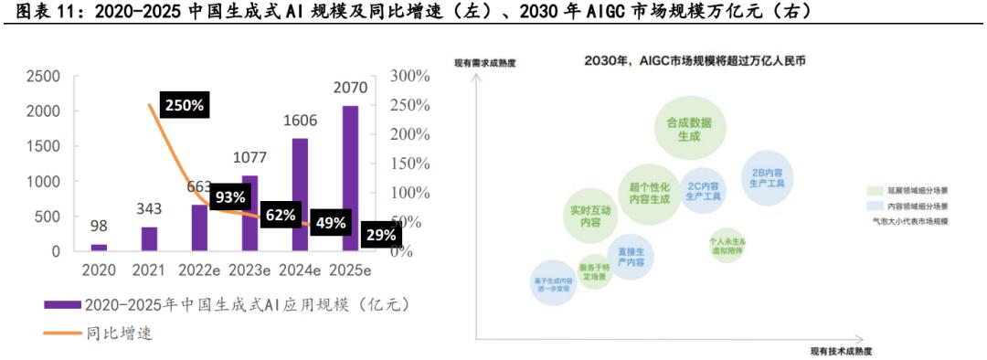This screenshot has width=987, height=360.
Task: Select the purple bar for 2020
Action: click(99, 247)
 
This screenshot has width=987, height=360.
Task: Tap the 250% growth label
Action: click(184, 105)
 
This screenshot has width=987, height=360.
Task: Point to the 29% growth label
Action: click(380, 235)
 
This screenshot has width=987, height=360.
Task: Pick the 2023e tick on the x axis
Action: click(250, 270)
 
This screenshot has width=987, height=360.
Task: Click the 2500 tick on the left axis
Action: click(44, 77)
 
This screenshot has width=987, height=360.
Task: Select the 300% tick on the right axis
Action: click(409, 77)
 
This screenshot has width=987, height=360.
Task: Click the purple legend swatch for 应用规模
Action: click(61, 304)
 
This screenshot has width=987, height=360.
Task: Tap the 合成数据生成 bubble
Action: click(688, 129)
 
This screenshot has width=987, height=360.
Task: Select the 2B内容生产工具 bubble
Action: click(767, 176)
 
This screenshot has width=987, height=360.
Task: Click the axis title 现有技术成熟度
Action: click(841, 352)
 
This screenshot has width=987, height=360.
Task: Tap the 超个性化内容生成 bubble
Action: click(650, 191)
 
